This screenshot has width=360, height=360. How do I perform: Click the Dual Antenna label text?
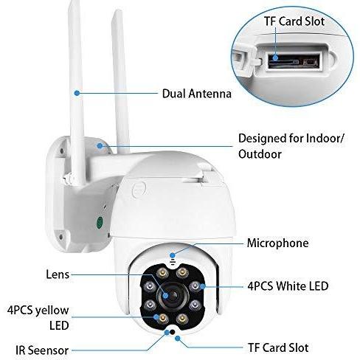click(x=197, y=94)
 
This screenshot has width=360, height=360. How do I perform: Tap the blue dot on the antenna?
click(x=77, y=93)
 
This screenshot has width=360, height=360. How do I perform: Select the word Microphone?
click(x=277, y=243)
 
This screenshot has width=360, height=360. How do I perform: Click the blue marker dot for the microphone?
click(x=173, y=256)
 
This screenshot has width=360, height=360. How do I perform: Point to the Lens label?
click(x=58, y=274)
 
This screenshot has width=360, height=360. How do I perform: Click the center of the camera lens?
click(x=173, y=295)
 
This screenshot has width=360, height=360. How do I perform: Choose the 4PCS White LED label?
click(x=288, y=286)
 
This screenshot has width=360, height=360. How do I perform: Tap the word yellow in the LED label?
click(x=52, y=311)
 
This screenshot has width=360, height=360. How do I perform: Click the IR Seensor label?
click(x=42, y=350)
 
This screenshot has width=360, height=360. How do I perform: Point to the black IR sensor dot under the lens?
click(x=173, y=332)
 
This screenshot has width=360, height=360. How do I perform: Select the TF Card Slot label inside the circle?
click(x=294, y=21)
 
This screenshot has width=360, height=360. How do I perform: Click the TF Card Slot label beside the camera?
click(x=278, y=347)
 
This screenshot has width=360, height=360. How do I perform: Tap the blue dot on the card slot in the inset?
click(x=275, y=58)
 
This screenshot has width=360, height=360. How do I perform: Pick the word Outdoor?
click(x=260, y=154)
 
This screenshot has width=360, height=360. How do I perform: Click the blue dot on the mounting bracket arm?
click(x=100, y=146)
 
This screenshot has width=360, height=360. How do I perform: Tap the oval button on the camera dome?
click(x=139, y=190)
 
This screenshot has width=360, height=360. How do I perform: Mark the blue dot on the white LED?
click(x=203, y=286)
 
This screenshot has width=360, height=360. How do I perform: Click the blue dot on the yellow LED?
click(x=156, y=317)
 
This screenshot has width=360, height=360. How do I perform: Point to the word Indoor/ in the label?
click(x=325, y=139)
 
